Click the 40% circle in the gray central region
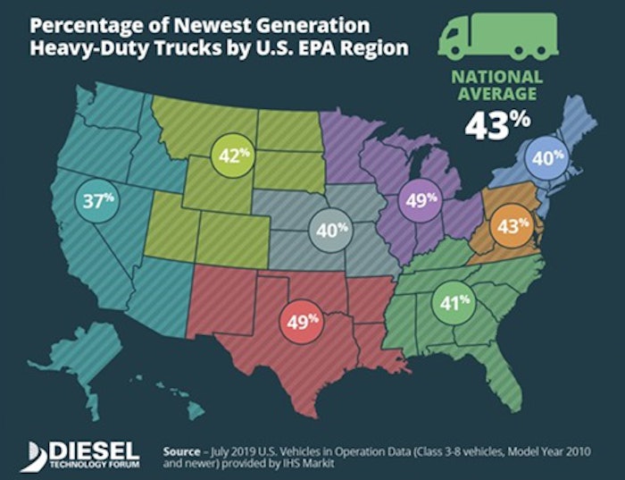[x=329, y=230]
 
